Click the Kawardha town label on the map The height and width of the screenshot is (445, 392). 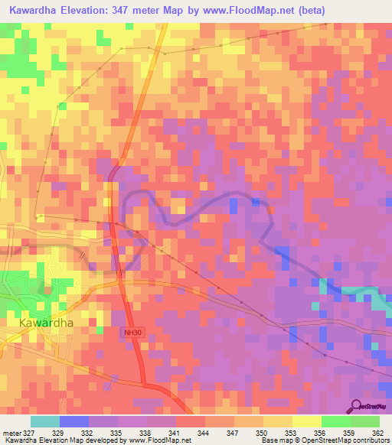click(x=45, y=323)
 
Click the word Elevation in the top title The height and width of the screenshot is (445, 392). click(x=96, y=11)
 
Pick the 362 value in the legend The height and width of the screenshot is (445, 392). click(x=379, y=433)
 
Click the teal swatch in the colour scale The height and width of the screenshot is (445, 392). click(x=44, y=421)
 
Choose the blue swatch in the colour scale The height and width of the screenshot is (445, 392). click(x=73, y=421)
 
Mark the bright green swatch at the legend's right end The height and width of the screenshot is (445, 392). click(x=365, y=421)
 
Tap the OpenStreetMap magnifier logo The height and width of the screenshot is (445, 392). click(x=356, y=406)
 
